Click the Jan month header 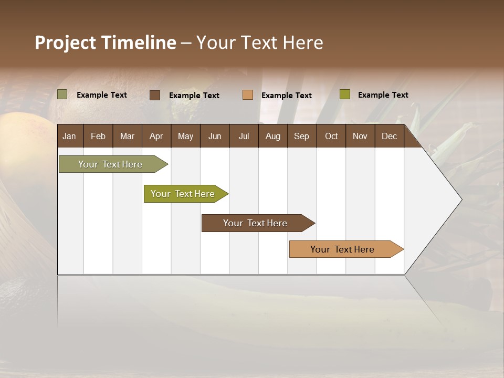(70, 136)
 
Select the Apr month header (156, 136)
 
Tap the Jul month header (244, 136)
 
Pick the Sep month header (301, 136)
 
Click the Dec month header (389, 136)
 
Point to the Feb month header (98, 136)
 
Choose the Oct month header (331, 136)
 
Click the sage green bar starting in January (110, 164)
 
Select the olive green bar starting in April (183, 194)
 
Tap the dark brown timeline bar (255, 223)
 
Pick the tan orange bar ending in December (342, 249)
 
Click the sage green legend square (62, 94)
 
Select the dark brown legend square (155, 95)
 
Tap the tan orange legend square (248, 95)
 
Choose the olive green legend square (345, 94)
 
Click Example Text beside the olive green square (383, 95)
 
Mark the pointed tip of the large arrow (461, 199)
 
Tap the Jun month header (215, 136)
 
